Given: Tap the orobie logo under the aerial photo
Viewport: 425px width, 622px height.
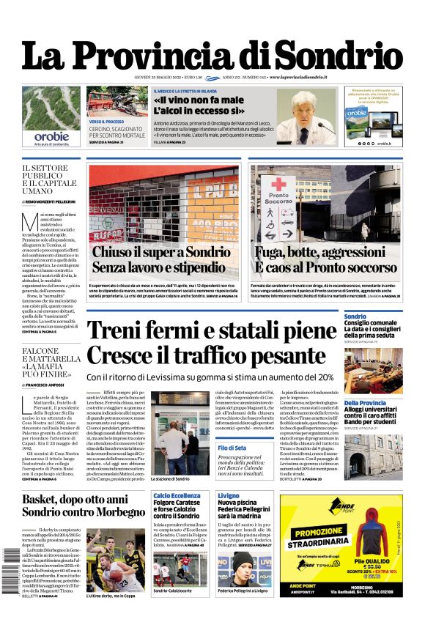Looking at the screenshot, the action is (51, 136).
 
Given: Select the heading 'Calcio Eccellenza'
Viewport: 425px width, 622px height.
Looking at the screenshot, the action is (177, 496).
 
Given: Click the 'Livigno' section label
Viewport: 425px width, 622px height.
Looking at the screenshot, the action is (229, 496).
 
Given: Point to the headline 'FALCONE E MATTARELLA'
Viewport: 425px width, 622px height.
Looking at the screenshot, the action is (51, 360).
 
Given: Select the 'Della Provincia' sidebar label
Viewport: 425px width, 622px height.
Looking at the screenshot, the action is (365, 403).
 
